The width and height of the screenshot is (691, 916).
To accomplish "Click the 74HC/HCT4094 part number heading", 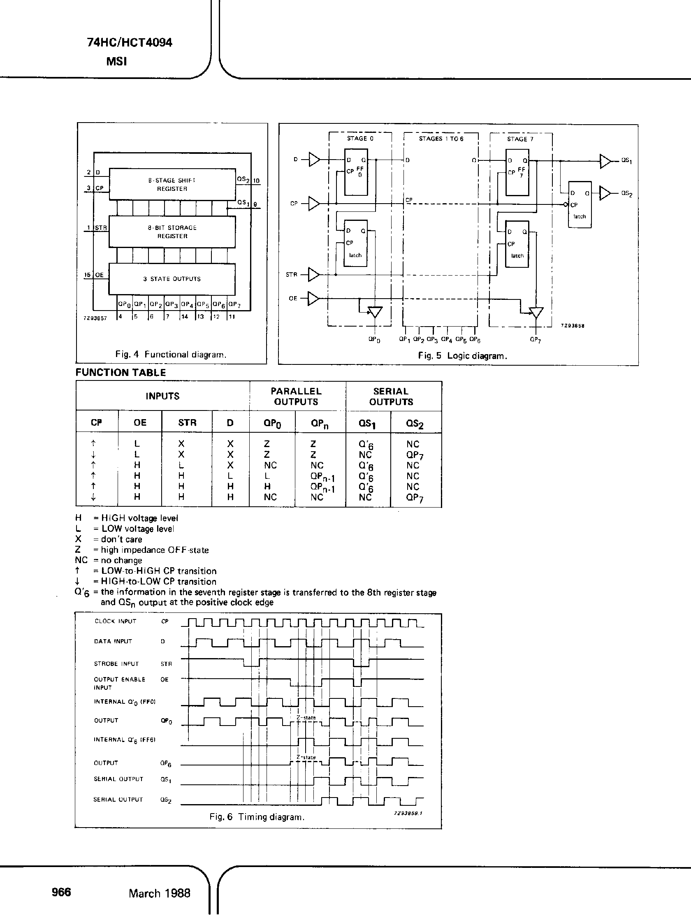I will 130,43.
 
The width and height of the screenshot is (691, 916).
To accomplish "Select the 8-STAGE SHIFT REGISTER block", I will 172,185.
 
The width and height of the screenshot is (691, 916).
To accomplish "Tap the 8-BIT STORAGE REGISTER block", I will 172,232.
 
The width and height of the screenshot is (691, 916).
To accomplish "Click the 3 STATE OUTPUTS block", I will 172,279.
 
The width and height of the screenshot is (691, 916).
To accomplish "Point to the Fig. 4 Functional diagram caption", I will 171,355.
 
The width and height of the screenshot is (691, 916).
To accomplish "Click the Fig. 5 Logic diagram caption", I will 462,356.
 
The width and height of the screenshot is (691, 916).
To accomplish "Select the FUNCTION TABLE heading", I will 121,372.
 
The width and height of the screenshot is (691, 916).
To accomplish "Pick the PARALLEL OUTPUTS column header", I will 296,396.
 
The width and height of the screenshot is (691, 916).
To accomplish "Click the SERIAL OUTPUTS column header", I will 391,396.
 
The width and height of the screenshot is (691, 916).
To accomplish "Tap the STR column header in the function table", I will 187,422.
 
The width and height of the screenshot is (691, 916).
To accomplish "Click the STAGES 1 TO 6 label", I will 441,139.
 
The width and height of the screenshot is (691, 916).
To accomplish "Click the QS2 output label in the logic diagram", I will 626,194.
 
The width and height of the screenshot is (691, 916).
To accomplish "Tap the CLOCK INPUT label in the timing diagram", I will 115,621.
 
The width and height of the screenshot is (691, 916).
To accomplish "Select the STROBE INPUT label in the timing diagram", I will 116,664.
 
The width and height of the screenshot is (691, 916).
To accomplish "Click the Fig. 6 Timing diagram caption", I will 257,817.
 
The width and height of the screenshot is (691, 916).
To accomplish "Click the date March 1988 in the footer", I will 160,893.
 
